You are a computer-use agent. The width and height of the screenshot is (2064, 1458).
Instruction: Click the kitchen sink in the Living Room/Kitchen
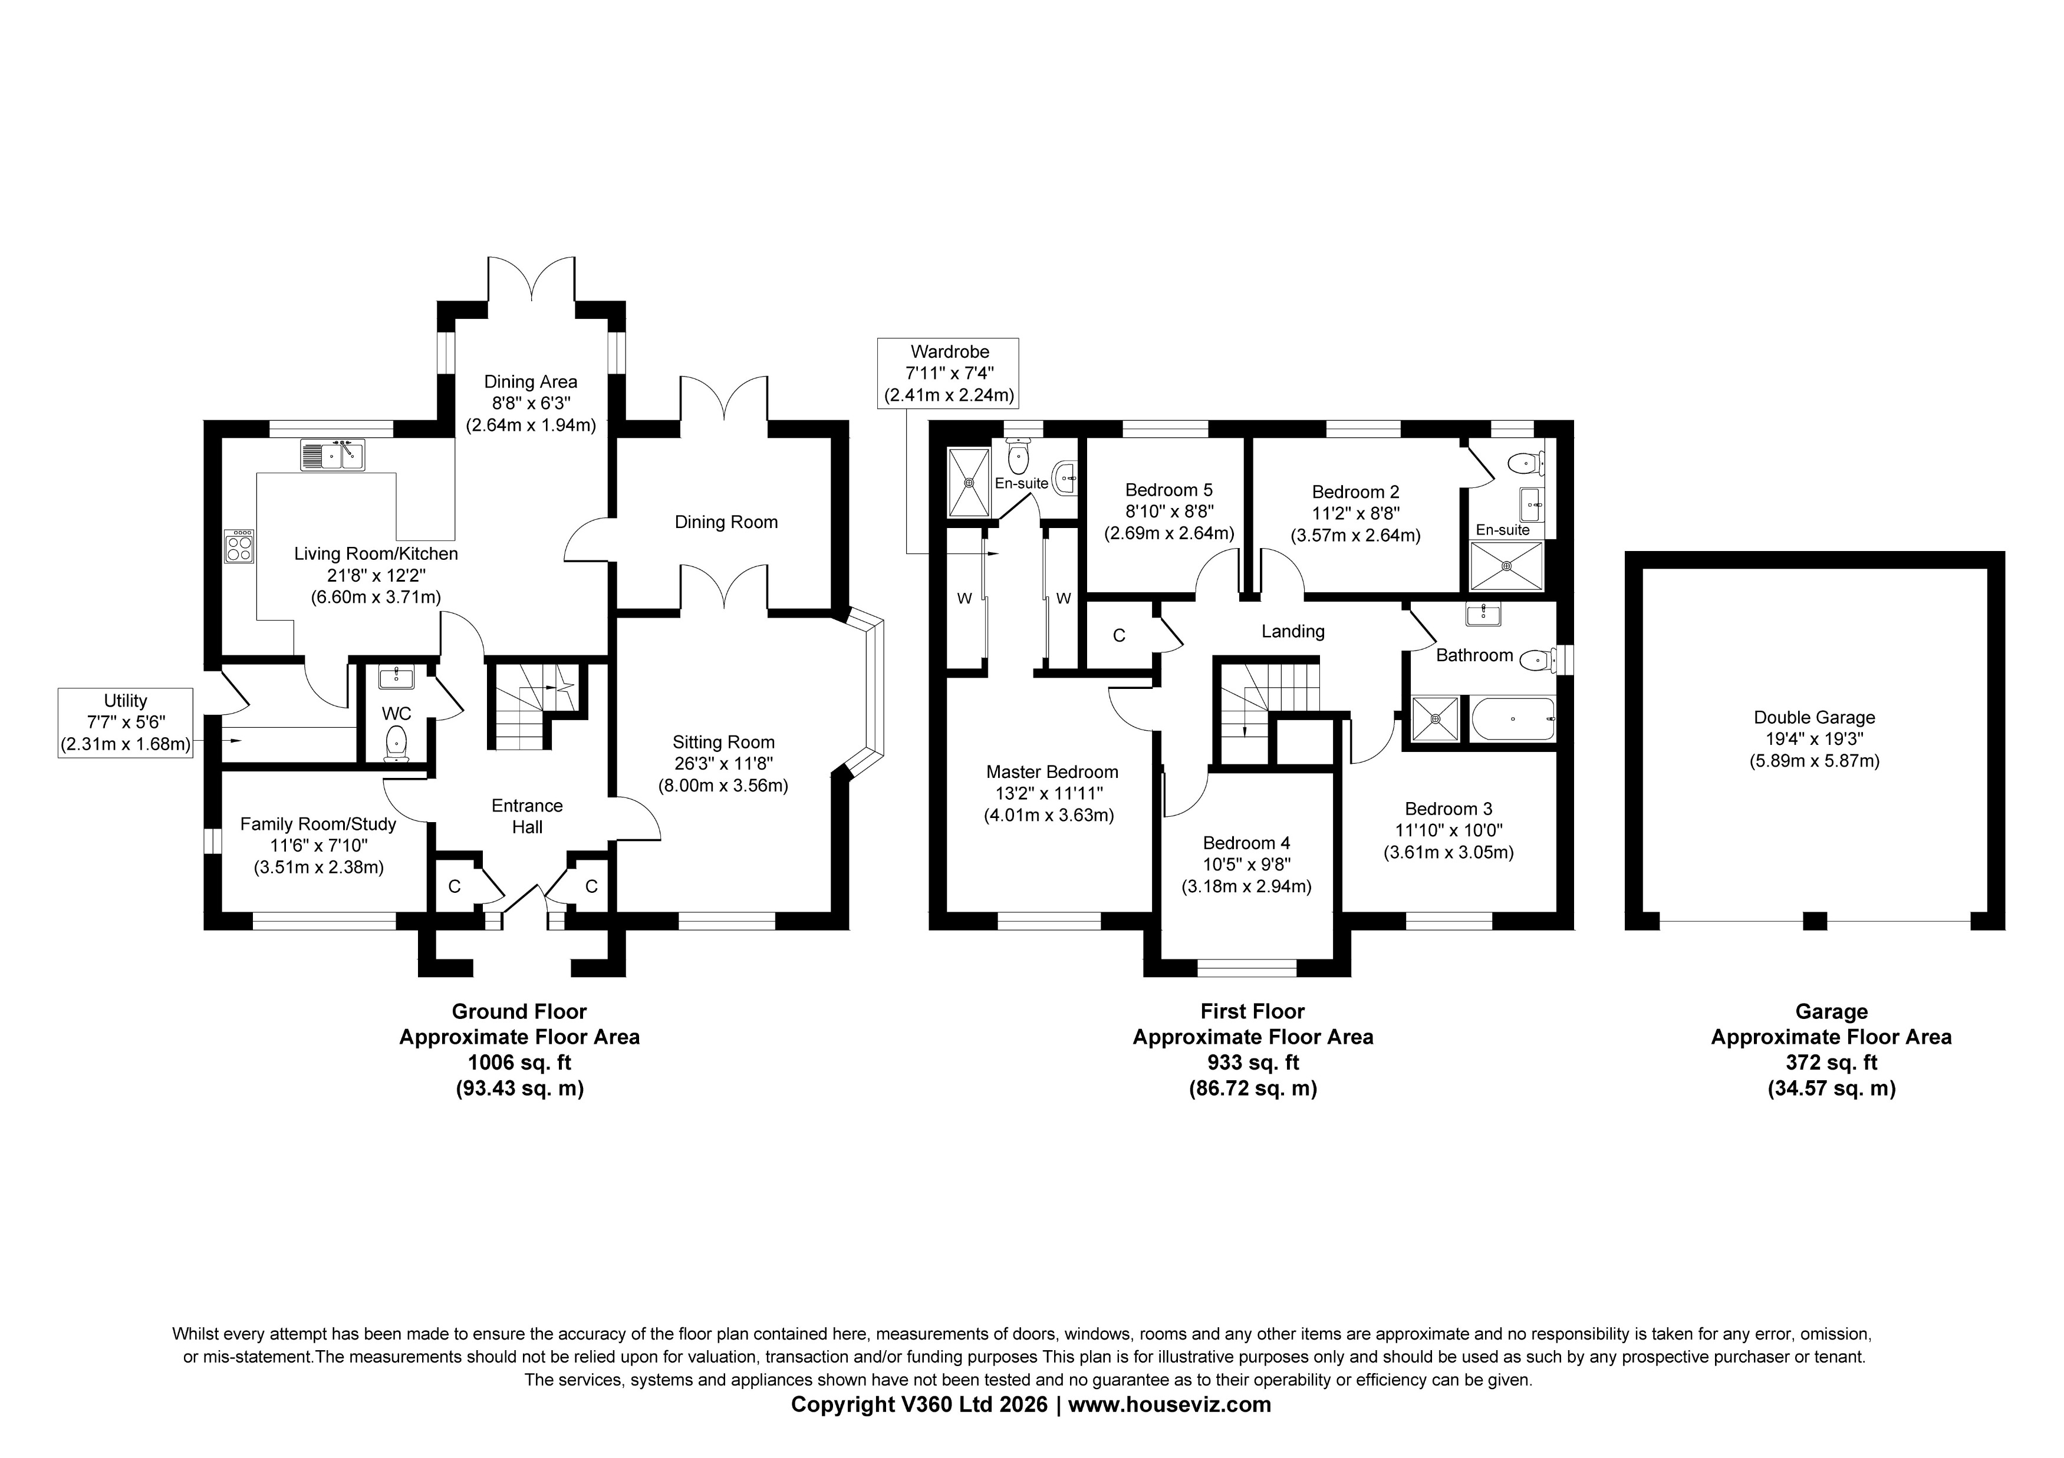(x=333, y=455)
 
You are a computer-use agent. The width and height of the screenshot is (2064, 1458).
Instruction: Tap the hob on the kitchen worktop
(x=240, y=546)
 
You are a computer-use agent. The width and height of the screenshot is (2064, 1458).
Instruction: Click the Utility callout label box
(x=125, y=723)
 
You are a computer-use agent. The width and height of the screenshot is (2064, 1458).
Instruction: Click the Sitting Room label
(x=723, y=743)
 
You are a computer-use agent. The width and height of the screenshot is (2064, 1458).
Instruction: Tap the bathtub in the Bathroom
(x=1513, y=720)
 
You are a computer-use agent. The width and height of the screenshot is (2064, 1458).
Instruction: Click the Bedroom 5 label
(x=1168, y=490)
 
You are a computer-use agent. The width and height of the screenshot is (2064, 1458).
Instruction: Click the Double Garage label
(x=1813, y=717)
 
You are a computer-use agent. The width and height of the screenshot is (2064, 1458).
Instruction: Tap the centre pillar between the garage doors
(x=1815, y=921)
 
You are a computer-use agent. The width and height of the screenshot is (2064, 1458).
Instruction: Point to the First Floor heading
(x=1252, y=1011)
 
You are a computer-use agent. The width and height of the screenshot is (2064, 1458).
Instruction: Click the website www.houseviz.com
(x=1168, y=1405)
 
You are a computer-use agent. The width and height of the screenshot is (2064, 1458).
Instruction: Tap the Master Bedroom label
(x=1052, y=771)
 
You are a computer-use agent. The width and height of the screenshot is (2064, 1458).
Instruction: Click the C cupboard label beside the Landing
(x=1118, y=635)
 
